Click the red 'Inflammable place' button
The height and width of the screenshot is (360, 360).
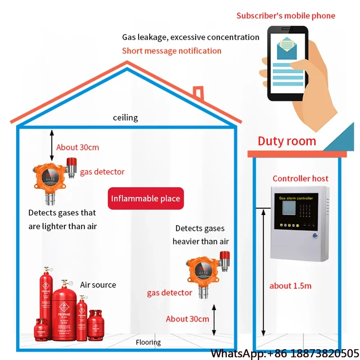[145, 198]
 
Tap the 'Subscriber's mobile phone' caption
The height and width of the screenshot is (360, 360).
[286, 16]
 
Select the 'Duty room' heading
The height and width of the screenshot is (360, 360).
[287, 141]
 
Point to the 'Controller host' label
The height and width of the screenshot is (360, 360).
[301, 179]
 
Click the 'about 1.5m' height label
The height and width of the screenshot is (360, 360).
[290, 286]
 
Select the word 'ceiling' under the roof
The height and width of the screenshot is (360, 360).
[125, 118]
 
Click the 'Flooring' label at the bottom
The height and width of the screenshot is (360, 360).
[148, 342]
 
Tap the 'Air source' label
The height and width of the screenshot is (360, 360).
[98, 285]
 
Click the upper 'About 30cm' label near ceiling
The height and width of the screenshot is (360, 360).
[77, 147]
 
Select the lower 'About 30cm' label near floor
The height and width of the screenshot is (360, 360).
[188, 319]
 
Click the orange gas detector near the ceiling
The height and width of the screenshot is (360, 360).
[49, 177]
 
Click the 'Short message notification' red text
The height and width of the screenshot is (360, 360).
[171, 51]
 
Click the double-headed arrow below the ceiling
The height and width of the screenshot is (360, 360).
[52, 145]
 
